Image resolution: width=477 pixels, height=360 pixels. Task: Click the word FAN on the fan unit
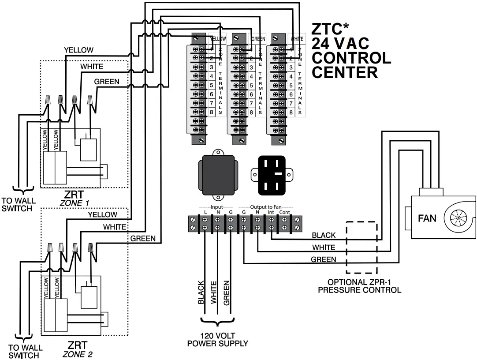427,218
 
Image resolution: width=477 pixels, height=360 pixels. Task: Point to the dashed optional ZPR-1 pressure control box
361,247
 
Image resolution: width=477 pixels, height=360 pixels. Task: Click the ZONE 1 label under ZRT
77,203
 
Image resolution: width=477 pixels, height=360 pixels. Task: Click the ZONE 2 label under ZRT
77,354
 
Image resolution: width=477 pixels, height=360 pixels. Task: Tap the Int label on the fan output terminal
271,213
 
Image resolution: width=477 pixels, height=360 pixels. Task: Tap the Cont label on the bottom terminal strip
284,213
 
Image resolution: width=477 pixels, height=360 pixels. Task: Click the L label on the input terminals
205,213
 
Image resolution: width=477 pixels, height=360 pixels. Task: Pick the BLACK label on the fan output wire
324,236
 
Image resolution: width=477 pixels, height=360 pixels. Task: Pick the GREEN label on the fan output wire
324,259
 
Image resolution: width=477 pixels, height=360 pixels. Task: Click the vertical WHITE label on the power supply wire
214,292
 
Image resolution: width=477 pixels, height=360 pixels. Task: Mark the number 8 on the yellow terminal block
211,112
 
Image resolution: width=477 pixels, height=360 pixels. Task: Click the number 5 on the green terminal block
251,85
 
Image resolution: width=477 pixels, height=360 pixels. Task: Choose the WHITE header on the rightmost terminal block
297,39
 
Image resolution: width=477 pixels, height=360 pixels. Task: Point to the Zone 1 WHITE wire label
92,67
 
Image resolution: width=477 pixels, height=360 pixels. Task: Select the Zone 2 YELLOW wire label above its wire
102,214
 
